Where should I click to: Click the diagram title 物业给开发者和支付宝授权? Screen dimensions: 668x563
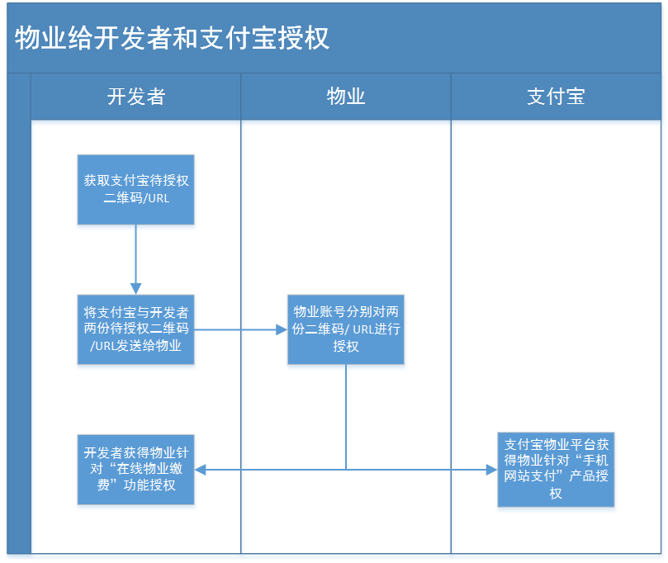click(172, 38)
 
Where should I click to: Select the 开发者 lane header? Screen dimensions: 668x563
click(136, 97)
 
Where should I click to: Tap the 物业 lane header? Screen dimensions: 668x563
click(346, 97)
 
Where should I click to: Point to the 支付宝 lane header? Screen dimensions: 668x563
click(556, 97)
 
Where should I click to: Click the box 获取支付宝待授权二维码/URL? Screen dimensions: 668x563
click(136, 190)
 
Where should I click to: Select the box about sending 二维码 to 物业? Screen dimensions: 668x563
click(136, 329)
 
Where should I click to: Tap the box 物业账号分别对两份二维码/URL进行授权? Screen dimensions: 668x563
click(346, 329)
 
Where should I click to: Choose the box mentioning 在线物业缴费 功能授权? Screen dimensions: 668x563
click(136, 470)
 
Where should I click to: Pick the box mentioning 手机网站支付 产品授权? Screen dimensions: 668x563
click(556, 470)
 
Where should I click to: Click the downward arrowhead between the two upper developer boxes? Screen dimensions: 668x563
click(136, 289)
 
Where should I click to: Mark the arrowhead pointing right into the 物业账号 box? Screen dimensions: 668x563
click(282, 329)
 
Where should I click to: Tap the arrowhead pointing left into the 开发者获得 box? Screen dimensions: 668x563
click(200, 470)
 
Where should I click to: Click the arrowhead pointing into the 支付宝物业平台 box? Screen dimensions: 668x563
click(491, 470)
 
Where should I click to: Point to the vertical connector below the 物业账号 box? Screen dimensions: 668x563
click(346, 417)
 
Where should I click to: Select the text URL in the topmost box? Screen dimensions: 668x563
click(159, 198)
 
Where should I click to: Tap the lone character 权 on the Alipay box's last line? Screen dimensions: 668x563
click(556, 493)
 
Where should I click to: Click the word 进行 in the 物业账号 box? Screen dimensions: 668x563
click(388, 329)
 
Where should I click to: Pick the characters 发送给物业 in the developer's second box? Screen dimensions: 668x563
click(149, 345)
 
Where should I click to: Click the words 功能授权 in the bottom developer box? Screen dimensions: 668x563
click(149, 485)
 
